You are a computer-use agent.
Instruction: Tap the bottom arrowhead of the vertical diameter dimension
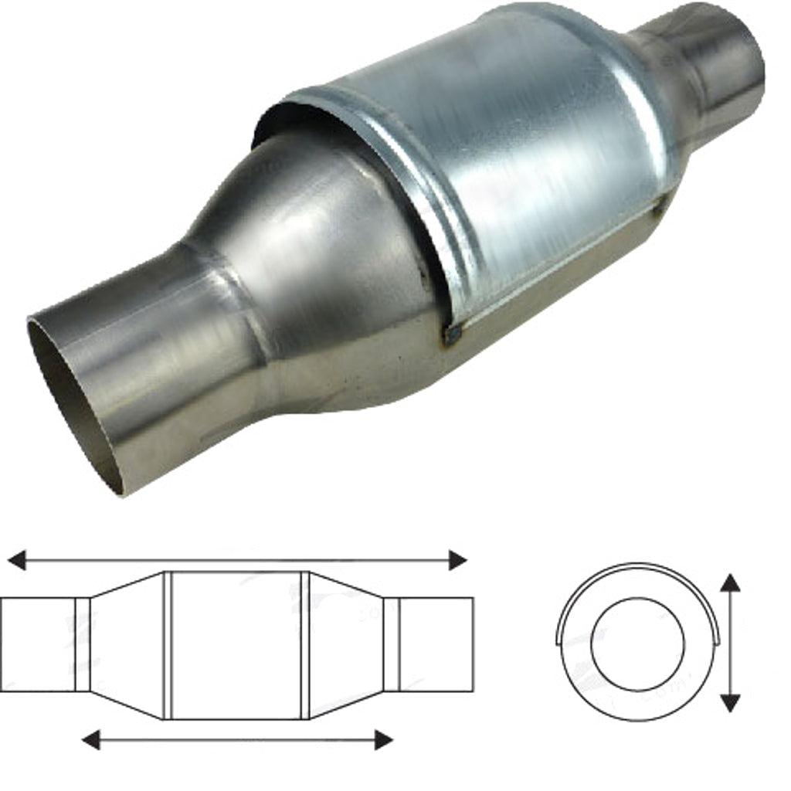pos(730,702)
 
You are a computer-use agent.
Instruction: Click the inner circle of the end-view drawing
pos(637,643)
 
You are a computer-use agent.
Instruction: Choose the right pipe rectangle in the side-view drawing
pos(436,644)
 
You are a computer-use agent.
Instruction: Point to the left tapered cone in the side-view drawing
pos(127,645)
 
